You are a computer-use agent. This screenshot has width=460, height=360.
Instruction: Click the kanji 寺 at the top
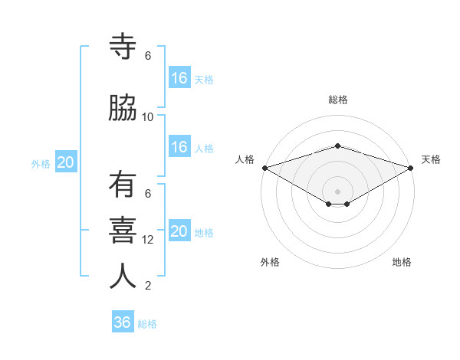[123, 47]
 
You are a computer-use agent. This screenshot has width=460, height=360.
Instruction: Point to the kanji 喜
[123, 231]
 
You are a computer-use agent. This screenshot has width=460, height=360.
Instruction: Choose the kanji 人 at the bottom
[123, 277]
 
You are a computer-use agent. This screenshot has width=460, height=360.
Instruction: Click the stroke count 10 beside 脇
[148, 117]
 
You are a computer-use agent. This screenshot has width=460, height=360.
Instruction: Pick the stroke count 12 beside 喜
[148, 240]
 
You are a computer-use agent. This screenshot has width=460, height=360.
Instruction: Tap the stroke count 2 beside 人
[148, 286]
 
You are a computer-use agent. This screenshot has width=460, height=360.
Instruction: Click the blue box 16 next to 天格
[179, 78]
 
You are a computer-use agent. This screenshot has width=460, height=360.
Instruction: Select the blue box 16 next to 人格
[179, 147]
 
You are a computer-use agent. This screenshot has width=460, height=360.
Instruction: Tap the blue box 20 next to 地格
[179, 231]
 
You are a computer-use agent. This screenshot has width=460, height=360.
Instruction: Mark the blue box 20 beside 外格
[66, 162]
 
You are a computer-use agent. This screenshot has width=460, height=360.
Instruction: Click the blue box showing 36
[123, 322]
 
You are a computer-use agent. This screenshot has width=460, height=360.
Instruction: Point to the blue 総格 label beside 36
[148, 324]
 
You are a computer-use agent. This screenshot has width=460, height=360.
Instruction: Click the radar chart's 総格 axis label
[337, 100]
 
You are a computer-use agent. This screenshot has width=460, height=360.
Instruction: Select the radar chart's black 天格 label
[432, 159]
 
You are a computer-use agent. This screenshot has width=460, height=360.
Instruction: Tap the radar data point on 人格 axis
[264, 168]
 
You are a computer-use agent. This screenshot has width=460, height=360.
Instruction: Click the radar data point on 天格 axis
[411, 168]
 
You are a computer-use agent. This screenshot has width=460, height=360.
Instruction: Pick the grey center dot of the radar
[337, 190]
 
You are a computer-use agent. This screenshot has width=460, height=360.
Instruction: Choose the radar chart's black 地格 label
[402, 262]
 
